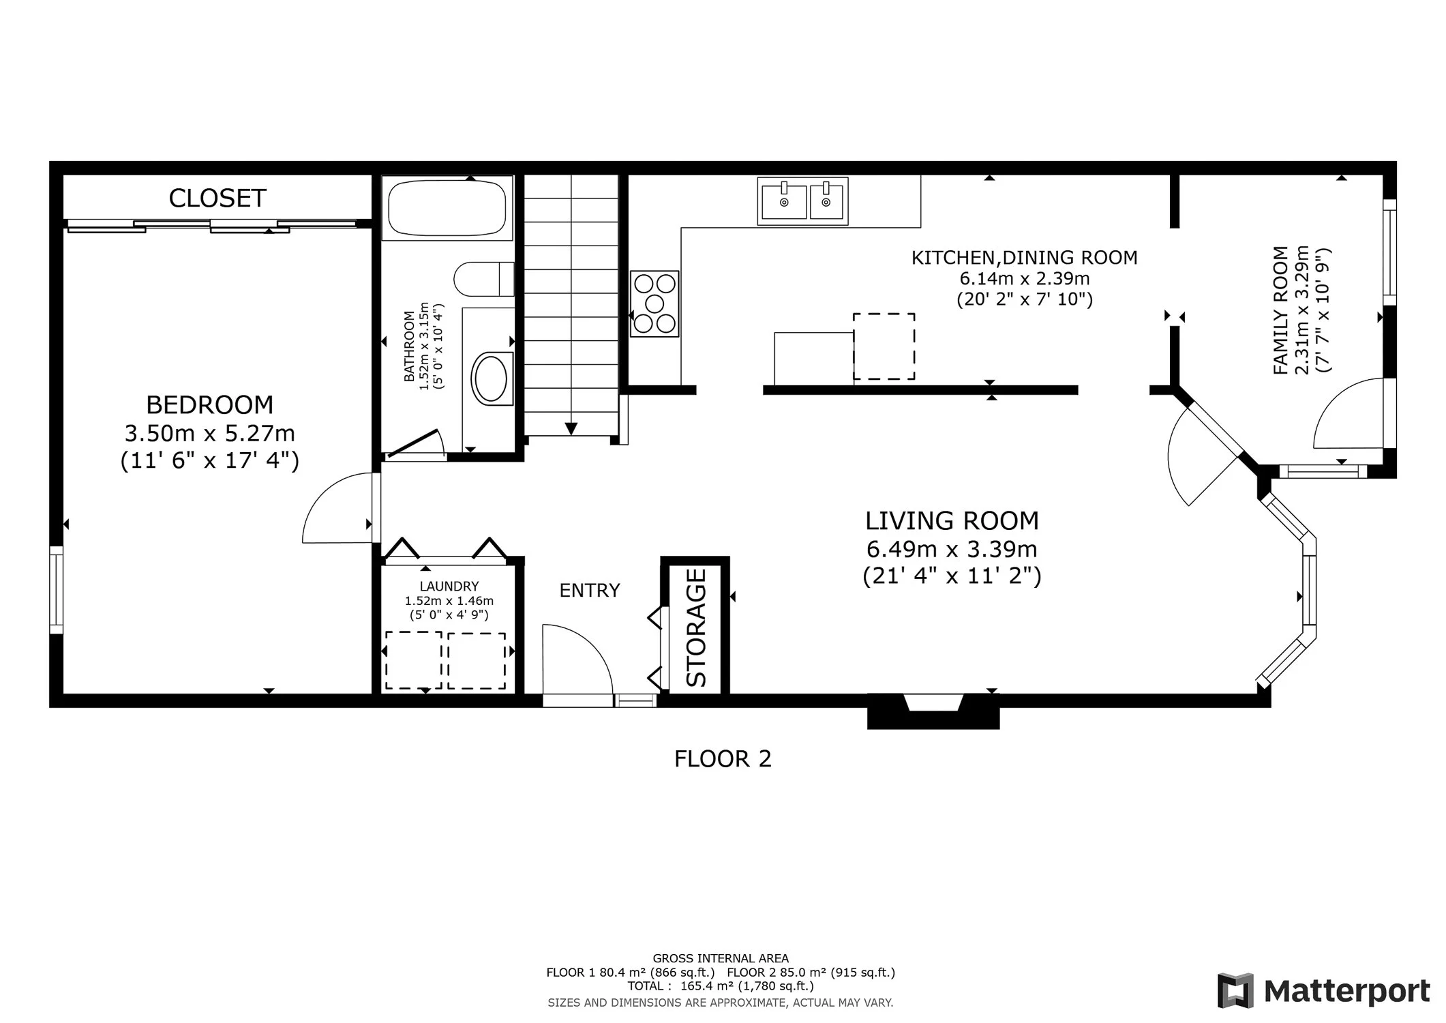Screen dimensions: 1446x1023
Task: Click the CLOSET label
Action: coord(217,198)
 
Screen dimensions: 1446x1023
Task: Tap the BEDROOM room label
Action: coord(209,405)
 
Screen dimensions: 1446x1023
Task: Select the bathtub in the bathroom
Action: coord(447,207)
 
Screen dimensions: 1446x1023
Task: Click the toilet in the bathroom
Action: coord(484,279)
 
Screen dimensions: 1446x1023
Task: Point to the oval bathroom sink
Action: coord(489,378)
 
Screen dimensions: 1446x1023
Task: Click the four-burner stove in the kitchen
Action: coord(654,303)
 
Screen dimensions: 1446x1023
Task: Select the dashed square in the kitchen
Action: coord(884,346)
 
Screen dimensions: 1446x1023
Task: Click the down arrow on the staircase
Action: coord(571,428)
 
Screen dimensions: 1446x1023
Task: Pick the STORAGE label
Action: coord(695,627)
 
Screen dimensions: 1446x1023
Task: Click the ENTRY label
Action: coord(590,591)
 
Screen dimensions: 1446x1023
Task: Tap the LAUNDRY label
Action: coord(449,586)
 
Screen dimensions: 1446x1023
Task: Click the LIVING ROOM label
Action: coord(952,521)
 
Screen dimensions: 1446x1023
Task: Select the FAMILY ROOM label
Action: coord(1281,310)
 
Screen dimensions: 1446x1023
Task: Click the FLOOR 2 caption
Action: coord(723,759)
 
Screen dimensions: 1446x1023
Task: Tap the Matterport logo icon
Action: coord(1236,990)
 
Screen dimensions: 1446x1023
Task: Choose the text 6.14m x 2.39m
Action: coord(1025,278)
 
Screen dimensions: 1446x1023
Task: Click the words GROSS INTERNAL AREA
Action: coord(721,958)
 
